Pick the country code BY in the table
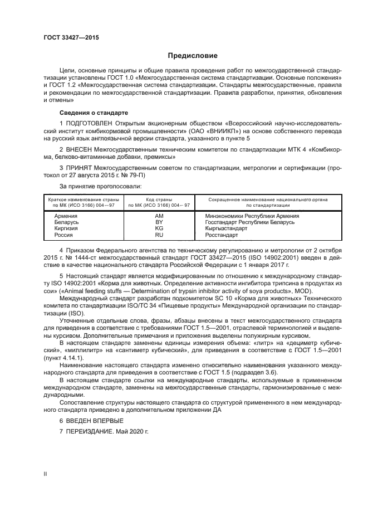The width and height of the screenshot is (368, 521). (x=159, y=222)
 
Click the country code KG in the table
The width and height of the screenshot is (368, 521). (x=159, y=228)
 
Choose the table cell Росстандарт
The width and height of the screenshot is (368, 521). (x=222, y=235)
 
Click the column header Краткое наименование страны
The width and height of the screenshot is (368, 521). (x=81, y=199)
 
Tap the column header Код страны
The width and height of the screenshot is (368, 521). (x=159, y=199)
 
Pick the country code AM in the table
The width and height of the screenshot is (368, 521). (x=159, y=216)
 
